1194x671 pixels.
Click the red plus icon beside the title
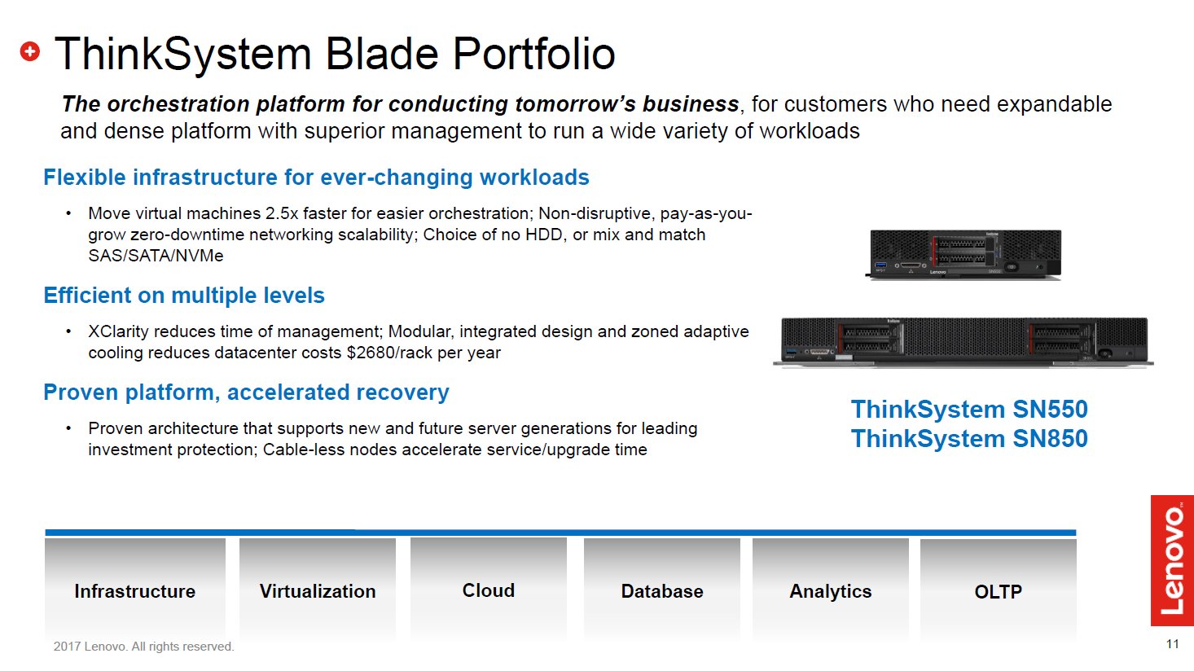pyautogui.click(x=30, y=51)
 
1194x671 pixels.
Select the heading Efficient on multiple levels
pyautogui.click(x=184, y=296)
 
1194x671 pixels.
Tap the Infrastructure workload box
pyautogui.click(x=135, y=589)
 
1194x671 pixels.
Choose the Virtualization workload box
pyautogui.click(x=318, y=589)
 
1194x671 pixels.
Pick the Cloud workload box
pyautogui.click(x=488, y=588)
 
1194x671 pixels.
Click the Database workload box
pyautogui.click(x=662, y=589)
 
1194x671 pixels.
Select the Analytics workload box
pyautogui.click(x=831, y=589)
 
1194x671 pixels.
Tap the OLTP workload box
pyautogui.click(x=999, y=589)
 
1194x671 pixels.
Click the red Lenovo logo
pyautogui.click(x=1172, y=560)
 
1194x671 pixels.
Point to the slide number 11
pyautogui.click(x=1172, y=644)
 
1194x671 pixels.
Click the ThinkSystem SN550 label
pyautogui.click(x=969, y=410)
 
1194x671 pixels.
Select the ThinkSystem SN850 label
pyautogui.click(x=969, y=439)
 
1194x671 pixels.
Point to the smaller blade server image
pyautogui.click(x=964, y=254)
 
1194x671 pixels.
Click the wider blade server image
pyautogui.click(x=964, y=342)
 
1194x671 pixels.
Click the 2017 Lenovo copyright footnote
pyautogui.click(x=144, y=647)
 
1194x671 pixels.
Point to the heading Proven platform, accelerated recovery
pyautogui.click(x=246, y=393)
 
